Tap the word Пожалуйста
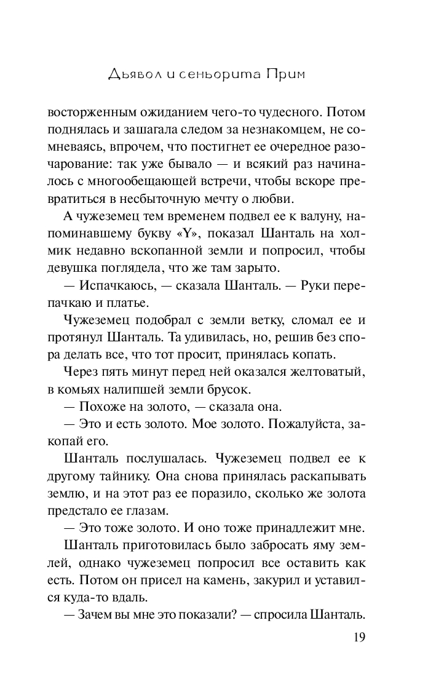click(301, 424)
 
